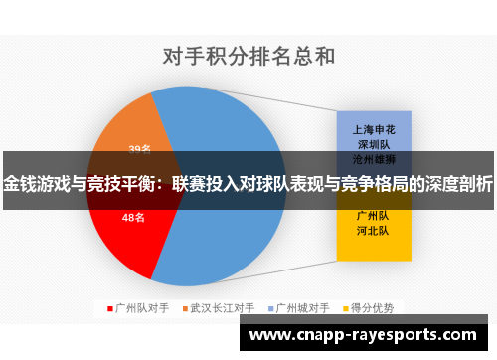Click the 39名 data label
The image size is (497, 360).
pyautogui.click(x=139, y=149)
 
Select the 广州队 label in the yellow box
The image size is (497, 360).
pyautogui.click(x=372, y=215)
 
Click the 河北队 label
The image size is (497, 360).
pyautogui.click(x=372, y=230)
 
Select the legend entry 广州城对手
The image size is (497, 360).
pyautogui.click(x=302, y=307)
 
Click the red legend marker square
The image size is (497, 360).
pyautogui.click(x=109, y=307)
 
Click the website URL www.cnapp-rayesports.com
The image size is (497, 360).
pyautogui.click(x=368, y=336)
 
